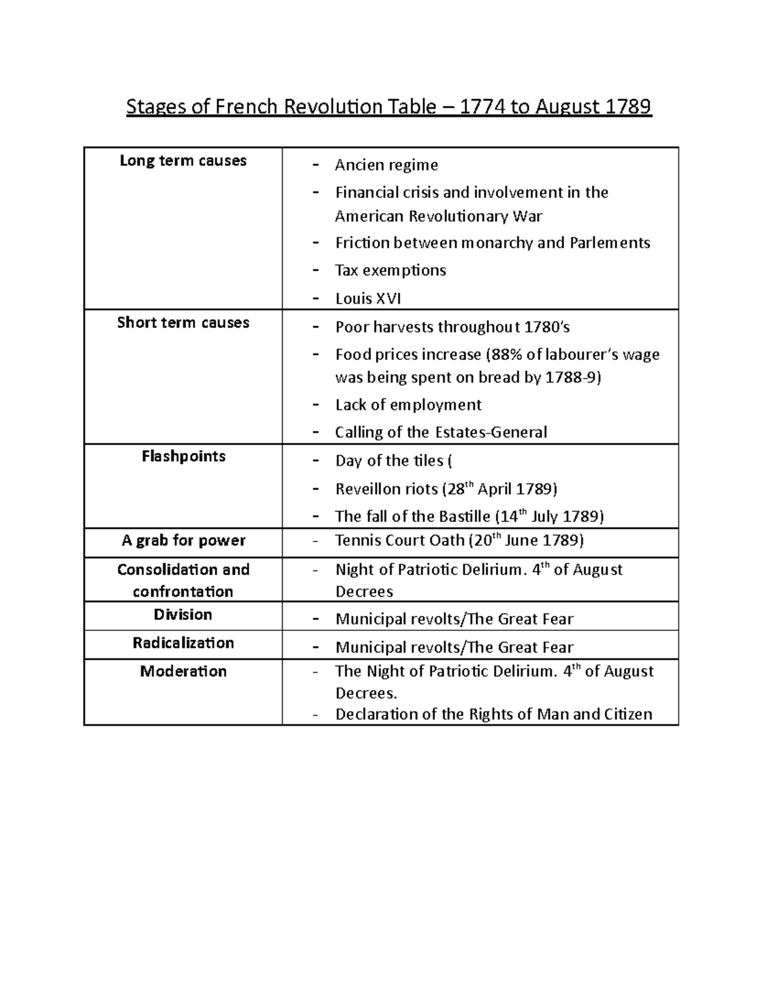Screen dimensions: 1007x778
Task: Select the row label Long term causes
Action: tap(183, 161)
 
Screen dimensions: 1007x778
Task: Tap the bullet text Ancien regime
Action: tap(386, 165)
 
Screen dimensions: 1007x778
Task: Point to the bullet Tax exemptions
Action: tap(390, 270)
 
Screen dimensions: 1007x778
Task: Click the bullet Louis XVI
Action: tap(368, 299)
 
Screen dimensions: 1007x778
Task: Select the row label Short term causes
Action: tap(183, 323)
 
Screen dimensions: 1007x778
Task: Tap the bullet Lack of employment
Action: tap(408, 405)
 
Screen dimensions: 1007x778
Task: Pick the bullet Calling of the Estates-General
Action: tap(441, 432)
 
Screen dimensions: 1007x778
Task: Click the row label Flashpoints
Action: tap(183, 456)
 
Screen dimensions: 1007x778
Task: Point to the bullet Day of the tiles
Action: tap(393, 461)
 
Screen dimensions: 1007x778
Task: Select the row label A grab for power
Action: tap(183, 541)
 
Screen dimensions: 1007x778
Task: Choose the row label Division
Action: tap(183, 615)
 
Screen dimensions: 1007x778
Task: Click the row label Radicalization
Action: tap(183, 643)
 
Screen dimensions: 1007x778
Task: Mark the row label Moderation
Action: tap(183, 672)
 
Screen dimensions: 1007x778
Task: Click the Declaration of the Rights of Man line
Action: tap(493, 715)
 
